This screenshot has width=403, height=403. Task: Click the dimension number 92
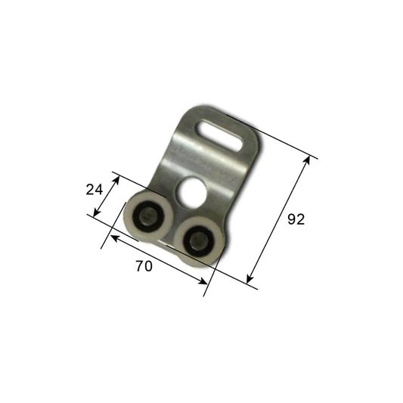[296, 219]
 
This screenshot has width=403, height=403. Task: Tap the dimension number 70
[144, 266]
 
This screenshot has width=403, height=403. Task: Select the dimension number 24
[95, 190]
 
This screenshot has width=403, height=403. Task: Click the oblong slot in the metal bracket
[220, 135]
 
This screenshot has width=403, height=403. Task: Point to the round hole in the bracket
[191, 192]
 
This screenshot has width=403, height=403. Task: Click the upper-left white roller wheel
[149, 215]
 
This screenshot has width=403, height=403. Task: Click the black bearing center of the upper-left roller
[149, 216]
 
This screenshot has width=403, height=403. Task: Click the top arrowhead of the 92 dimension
[307, 160]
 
